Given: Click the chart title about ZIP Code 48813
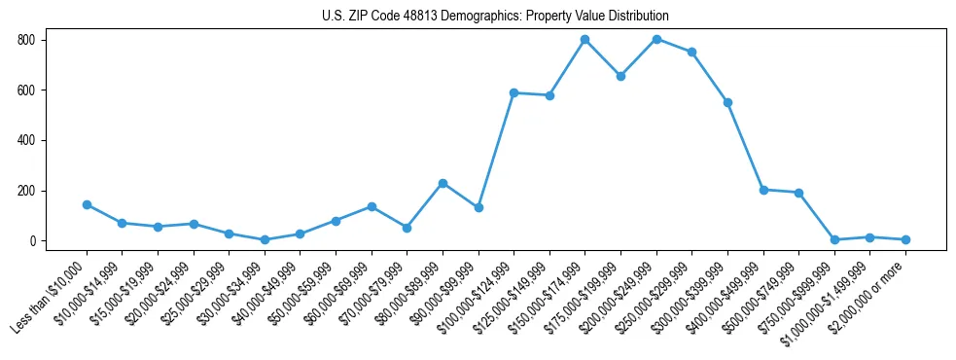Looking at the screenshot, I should (x=495, y=17).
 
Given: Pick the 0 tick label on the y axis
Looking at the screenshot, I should (x=33, y=241).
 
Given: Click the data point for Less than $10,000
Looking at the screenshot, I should (x=87, y=204).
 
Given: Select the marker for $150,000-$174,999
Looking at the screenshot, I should (x=584, y=40).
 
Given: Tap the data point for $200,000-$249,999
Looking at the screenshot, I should (x=656, y=40).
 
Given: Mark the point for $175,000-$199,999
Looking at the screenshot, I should (x=620, y=76).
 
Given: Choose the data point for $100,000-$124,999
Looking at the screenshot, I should (x=513, y=92).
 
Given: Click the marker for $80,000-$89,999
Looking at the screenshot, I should (x=443, y=183).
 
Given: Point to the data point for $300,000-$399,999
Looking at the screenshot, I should (x=727, y=102).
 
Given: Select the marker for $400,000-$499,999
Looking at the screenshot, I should (x=763, y=190).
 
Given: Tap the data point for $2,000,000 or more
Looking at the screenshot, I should (x=905, y=239).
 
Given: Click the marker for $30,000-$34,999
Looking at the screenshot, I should (x=265, y=239).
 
